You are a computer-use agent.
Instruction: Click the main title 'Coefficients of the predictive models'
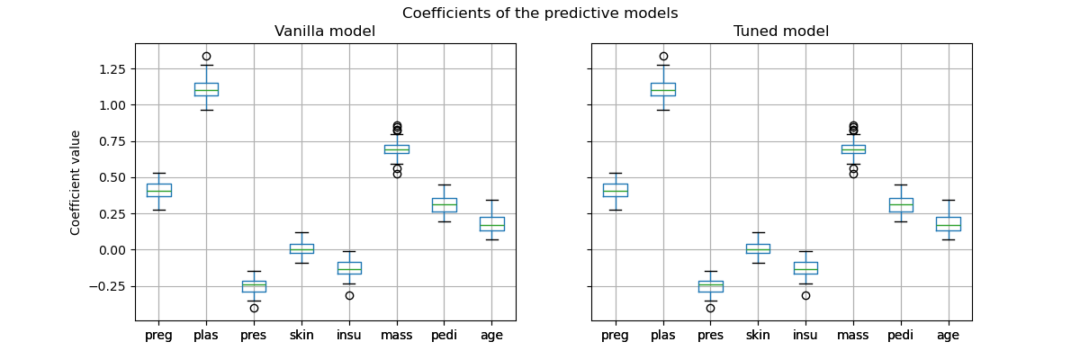(x=540, y=13)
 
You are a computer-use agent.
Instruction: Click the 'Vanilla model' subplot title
(x=325, y=31)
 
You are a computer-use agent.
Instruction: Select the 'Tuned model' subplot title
(x=781, y=31)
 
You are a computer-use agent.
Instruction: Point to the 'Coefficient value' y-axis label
(x=76, y=183)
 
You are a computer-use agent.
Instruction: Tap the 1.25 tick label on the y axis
(x=109, y=69)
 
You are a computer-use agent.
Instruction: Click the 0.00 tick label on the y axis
(x=109, y=250)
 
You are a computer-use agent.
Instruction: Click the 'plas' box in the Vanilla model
(x=206, y=89)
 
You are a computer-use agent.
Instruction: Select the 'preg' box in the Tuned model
(x=616, y=190)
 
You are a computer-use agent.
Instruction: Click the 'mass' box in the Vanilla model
(x=396, y=149)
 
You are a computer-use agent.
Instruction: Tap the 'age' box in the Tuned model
(x=948, y=224)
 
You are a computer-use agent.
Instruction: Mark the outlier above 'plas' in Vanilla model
(x=206, y=56)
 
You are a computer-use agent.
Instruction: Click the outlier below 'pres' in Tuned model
(x=710, y=308)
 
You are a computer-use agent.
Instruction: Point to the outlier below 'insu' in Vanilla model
(x=349, y=295)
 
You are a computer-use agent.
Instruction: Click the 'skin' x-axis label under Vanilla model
(x=301, y=335)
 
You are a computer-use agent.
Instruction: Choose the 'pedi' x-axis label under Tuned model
(x=900, y=335)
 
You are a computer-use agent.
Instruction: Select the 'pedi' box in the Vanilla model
(x=444, y=205)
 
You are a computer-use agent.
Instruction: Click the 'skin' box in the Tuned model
(x=758, y=248)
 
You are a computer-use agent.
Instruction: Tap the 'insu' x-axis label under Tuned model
(x=805, y=335)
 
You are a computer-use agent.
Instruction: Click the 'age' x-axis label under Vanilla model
(x=491, y=335)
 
